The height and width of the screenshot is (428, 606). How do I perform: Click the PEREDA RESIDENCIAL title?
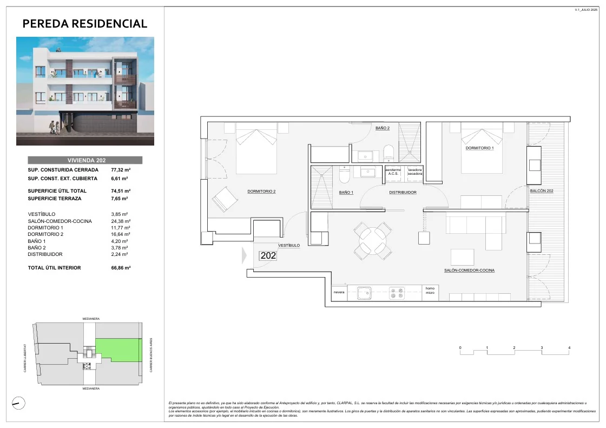(85, 23)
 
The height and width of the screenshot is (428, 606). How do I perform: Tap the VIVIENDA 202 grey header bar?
(85, 160)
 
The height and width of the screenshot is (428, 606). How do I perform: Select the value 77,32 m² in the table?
(118, 169)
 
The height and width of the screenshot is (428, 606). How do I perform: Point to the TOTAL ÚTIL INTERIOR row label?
(54, 268)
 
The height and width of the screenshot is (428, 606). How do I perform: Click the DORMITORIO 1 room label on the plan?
(479, 148)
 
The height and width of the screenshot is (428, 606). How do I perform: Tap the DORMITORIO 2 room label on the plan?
(261, 191)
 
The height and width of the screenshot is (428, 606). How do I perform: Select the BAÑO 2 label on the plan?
(382, 128)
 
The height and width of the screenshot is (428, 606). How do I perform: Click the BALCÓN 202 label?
(542, 191)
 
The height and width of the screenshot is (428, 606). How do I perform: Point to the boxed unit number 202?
(268, 256)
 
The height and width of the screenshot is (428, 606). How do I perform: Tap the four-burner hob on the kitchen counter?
(396, 293)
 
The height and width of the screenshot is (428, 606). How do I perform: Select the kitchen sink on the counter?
(364, 293)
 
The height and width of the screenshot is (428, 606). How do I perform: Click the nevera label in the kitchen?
(339, 293)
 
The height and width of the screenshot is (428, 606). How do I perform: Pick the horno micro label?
(430, 291)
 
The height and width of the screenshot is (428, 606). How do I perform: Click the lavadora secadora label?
(415, 172)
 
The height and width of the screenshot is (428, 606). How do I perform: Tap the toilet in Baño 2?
(388, 152)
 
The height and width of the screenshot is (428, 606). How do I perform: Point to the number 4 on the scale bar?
(569, 348)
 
